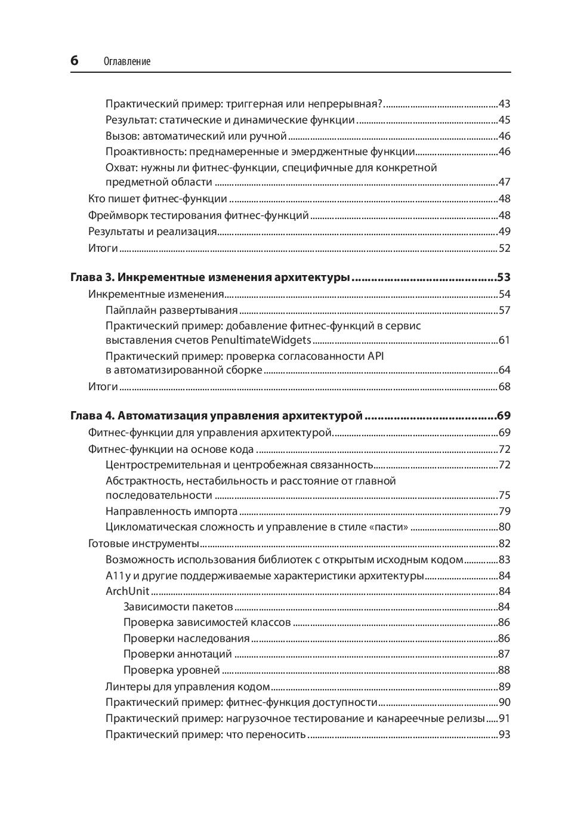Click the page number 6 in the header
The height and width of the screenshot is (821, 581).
(x=75, y=60)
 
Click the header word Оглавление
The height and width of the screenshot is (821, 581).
(x=126, y=61)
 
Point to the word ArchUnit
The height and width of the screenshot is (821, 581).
(x=127, y=591)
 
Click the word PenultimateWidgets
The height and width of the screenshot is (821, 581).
(x=261, y=340)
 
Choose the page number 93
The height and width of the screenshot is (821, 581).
(x=505, y=734)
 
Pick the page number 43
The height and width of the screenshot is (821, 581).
(x=505, y=104)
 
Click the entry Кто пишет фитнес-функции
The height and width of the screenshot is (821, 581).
(x=157, y=199)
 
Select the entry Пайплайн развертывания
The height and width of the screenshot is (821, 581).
(x=172, y=310)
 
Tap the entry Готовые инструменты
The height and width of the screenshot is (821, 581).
(x=144, y=544)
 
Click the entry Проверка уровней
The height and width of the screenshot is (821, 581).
(x=172, y=670)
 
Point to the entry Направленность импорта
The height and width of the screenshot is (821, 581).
(x=172, y=511)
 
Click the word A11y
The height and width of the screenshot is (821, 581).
(x=118, y=576)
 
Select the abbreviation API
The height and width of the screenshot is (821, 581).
(x=376, y=356)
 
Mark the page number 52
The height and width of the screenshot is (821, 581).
(x=505, y=248)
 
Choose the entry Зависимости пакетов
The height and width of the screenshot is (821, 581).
(x=178, y=607)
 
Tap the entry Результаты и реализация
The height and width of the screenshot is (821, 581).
(x=153, y=232)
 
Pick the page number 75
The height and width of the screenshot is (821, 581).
(x=505, y=495)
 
